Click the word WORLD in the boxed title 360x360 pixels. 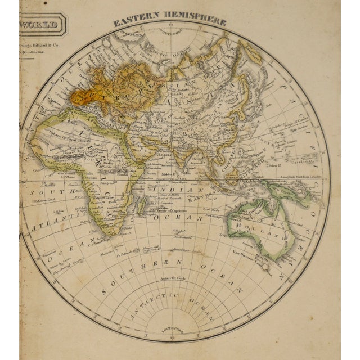[39, 25]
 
